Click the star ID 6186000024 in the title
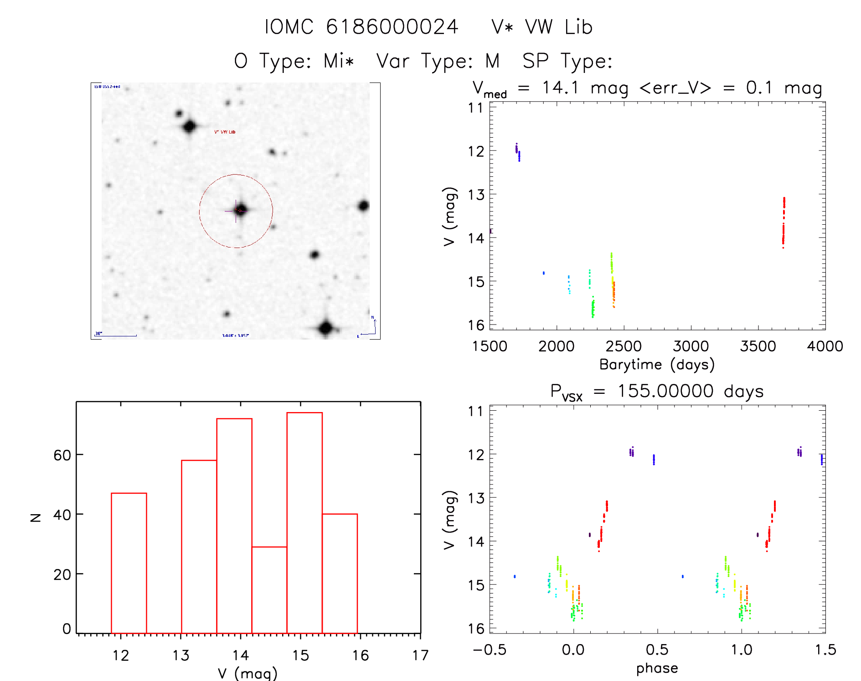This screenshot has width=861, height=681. (392, 27)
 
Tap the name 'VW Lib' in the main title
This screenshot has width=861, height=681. (558, 27)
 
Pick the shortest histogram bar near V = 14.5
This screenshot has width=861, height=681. (269, 590)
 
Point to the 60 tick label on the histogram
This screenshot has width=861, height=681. (62, 455)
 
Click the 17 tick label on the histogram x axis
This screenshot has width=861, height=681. (420, 655)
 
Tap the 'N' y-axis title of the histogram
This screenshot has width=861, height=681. (36, 517)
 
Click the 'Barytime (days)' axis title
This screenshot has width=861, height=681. (657, 365)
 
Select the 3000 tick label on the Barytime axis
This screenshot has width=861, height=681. (691, 346)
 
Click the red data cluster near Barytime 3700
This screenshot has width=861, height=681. (784, 222)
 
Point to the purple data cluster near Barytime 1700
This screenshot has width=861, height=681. (518, 152)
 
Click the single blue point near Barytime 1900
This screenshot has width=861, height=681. (543, 273)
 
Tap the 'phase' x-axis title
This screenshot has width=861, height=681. (657, 668)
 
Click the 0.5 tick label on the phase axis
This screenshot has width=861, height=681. (657, 650)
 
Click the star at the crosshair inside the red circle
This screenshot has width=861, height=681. (240, 210)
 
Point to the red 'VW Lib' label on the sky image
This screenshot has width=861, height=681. (225, 132)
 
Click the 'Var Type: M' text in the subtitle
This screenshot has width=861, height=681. (438, 61)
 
